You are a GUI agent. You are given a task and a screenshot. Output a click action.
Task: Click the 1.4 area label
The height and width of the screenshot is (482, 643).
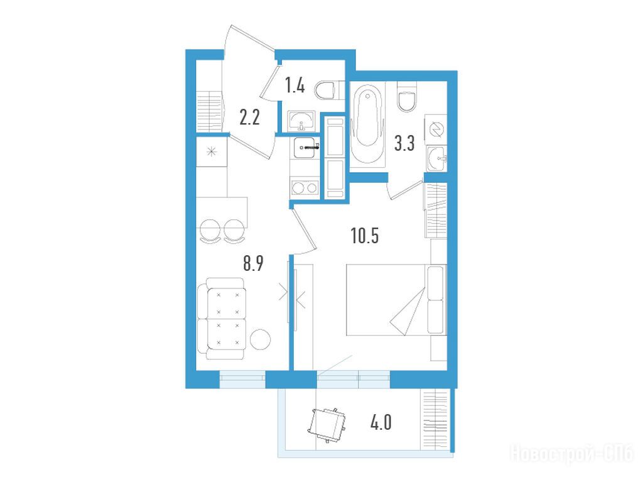(295, 85)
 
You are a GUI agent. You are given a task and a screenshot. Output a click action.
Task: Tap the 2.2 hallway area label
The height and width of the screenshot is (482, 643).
(250, 118)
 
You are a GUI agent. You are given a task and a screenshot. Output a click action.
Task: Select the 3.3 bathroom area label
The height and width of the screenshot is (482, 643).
(404, 143)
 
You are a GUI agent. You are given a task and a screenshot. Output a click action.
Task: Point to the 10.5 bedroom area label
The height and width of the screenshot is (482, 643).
(365, 236)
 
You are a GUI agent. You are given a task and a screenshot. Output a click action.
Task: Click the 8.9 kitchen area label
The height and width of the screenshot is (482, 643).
(253, 263)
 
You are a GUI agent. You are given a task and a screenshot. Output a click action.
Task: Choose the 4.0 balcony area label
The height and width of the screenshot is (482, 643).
(381, 422)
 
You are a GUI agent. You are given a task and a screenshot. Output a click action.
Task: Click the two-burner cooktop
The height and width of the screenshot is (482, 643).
(305, 188)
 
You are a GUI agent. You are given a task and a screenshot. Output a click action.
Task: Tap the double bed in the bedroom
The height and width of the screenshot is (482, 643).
(396, 300)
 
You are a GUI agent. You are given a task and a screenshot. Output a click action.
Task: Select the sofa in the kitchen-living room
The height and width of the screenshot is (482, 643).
(222, 318)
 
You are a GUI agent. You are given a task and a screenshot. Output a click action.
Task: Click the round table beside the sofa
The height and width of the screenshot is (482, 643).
(261, 339)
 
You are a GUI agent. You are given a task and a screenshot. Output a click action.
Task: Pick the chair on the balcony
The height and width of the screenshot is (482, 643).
(327, 425)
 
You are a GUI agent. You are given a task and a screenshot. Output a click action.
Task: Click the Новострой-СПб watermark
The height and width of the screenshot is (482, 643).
(571, 454)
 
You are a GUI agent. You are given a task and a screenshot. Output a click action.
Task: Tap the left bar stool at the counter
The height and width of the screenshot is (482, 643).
(211, 231)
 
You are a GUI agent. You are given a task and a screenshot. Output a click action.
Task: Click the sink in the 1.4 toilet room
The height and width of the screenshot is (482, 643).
(301, 121)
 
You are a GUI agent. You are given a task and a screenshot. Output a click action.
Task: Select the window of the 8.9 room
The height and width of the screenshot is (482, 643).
(243, 380)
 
